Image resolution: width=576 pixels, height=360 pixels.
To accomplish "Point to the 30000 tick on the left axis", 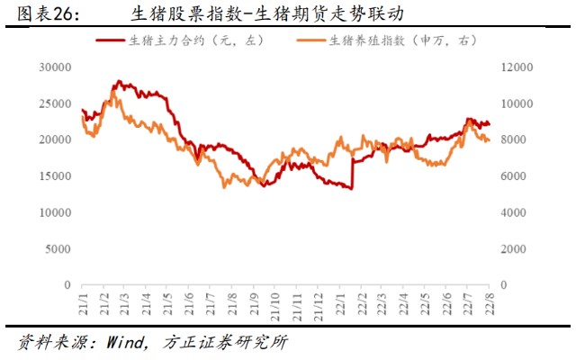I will (x=55, y=67).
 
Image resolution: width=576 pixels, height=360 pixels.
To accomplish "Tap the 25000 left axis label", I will (x=55, y=103).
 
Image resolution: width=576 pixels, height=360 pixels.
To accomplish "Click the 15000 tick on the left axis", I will (x=55, y=176).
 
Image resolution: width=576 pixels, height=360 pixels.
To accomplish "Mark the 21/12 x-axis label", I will (x=316, y=299).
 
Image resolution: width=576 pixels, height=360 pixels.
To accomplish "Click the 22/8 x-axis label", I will (x=489, y=299).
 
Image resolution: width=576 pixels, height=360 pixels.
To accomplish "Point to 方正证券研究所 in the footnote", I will (x=226, y=343).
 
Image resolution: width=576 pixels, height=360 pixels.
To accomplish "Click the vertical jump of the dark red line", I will (x=352, y=175).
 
